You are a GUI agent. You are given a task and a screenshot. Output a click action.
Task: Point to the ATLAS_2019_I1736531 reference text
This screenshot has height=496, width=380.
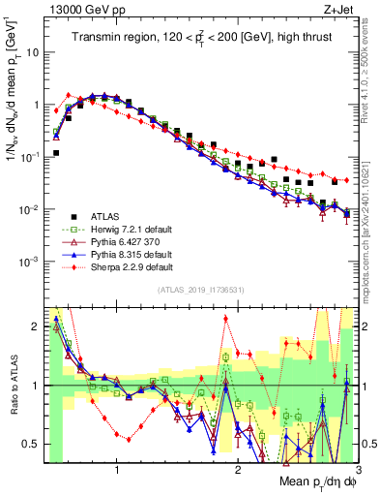coord(198,290)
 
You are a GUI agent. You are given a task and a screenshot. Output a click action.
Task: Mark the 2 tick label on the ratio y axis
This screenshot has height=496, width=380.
coord(37,326)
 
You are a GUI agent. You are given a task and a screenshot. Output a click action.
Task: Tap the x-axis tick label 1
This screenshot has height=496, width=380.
coord(117,469)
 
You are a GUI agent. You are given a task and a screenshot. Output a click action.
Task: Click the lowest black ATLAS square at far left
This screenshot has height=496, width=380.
coord(56,153)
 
